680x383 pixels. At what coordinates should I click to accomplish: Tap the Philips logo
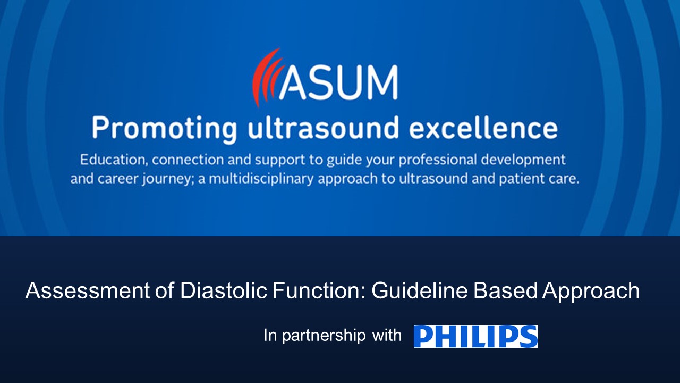475,336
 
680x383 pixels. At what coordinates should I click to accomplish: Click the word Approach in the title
590,291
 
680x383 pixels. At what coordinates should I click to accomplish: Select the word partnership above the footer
324,336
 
